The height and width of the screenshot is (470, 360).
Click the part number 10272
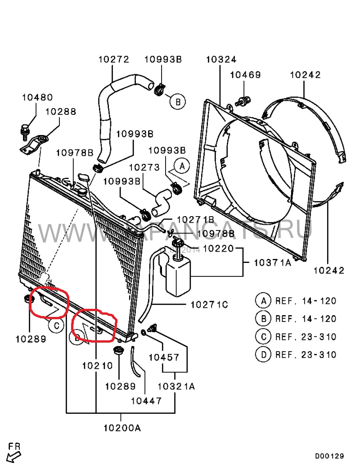tap(114, 59)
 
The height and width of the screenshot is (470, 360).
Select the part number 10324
tap(221, 59)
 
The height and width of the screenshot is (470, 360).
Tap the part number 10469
tap(245, 75)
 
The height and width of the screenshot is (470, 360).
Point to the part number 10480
tap(37, 97)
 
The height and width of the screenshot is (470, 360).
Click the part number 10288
tap(61, 112)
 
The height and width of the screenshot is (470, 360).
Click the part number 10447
tap(146, 401)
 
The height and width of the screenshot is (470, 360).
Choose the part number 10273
tap(144, 167)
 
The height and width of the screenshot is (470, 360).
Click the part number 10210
tap(97, 366)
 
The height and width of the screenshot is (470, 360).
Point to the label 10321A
tap(176, 386)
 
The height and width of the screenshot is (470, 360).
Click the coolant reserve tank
tap(178, 275)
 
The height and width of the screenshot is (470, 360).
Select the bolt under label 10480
tap(24, 129)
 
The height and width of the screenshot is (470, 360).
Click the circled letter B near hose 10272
tap(178, 102)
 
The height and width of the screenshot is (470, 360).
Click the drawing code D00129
tap(329, 456)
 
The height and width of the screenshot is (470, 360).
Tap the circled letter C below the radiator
tap(56, 326)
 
